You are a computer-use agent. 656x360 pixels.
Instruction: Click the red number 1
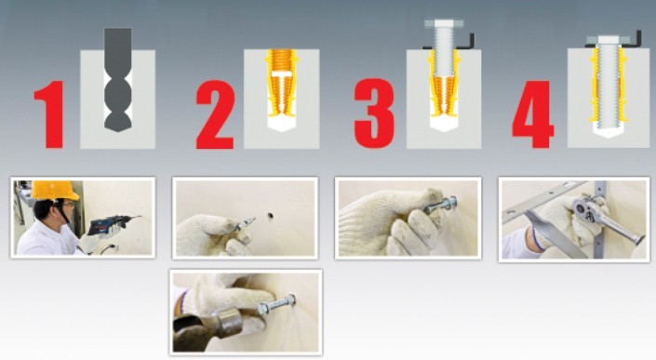pos(50,114)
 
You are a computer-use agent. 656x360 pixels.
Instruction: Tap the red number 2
pos(215,114)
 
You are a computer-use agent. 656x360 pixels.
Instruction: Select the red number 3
pos(374,113)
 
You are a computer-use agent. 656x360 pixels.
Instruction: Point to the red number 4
pos(533,113)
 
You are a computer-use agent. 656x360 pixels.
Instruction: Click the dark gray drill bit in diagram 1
pos(118,79)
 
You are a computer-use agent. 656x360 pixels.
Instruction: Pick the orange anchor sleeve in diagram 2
pos(282,83)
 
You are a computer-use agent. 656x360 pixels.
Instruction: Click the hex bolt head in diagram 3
pos(444,23)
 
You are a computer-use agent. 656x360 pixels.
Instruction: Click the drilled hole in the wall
pos(271,216)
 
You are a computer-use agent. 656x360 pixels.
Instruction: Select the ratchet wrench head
pos(582,206)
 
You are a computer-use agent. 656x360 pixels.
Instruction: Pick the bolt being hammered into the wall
pos(276,305)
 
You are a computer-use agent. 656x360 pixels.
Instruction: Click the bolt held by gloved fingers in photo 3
pos(440,206)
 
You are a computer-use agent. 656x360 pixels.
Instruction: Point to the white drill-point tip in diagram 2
pos(282,124)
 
